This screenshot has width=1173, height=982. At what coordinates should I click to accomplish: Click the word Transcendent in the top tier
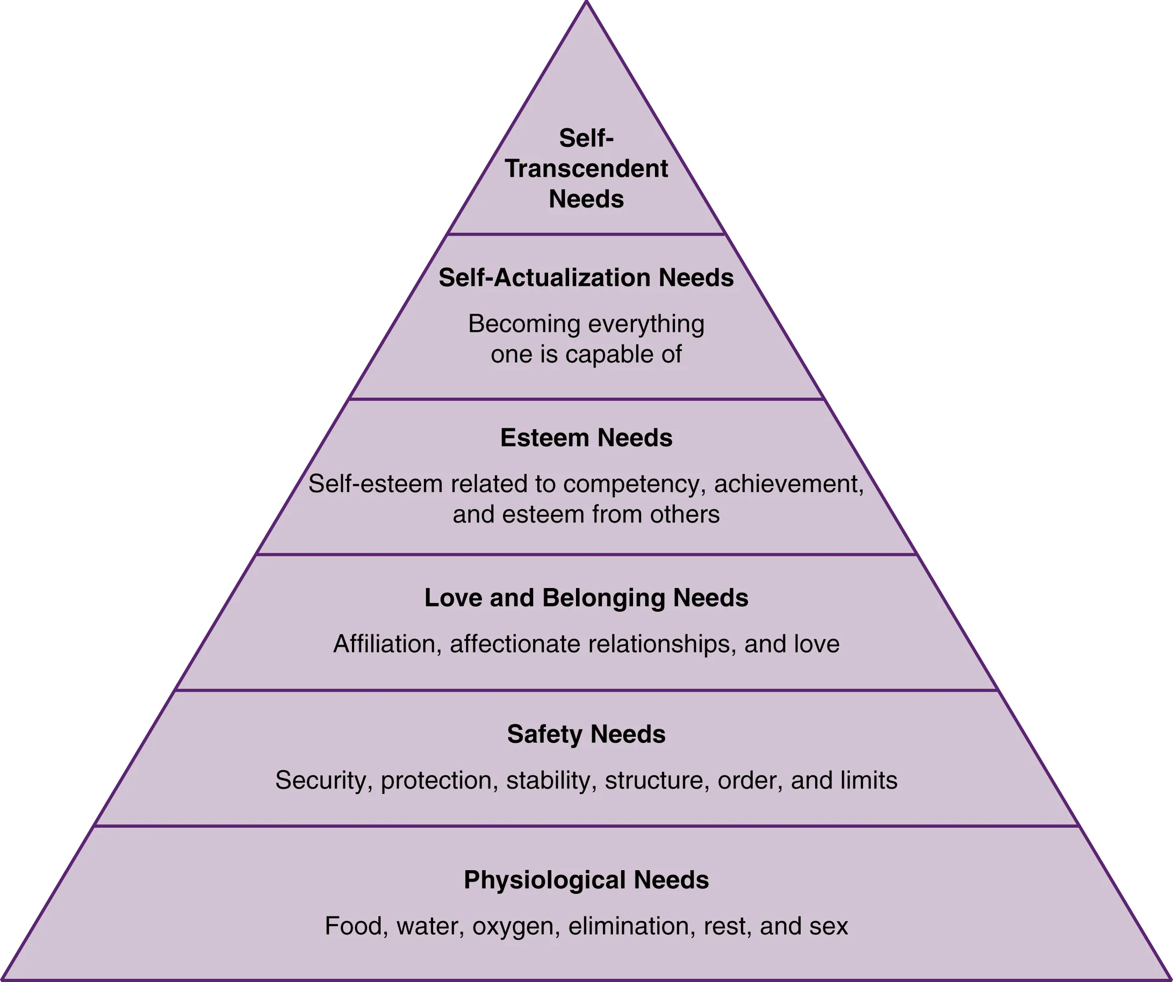(586, 169)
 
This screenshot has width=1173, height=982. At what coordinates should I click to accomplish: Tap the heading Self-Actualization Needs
(586, 278)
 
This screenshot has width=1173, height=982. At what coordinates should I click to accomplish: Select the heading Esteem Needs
(586, 438)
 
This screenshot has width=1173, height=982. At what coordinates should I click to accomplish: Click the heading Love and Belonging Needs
(586, 598)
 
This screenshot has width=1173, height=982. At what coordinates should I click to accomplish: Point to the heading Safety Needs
(586, 734)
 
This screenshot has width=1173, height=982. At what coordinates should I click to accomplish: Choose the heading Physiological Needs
(586, 880)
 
